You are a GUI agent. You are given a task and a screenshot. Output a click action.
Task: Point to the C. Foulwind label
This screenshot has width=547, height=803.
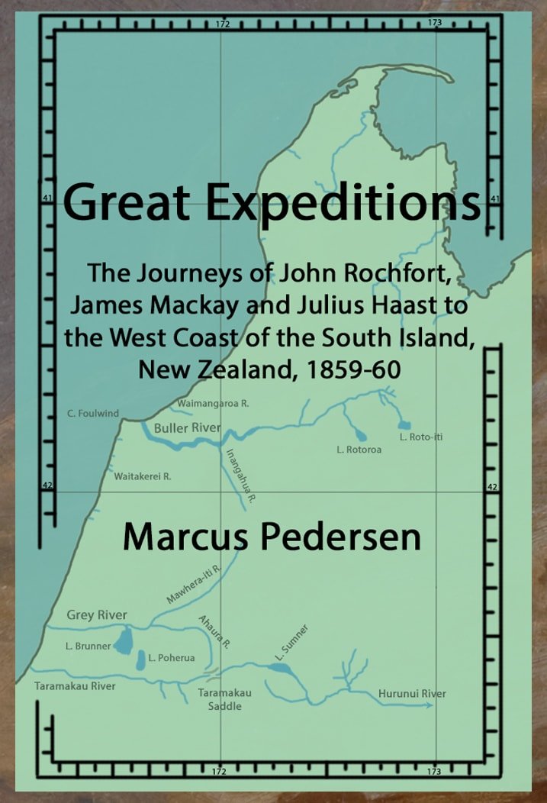[93, 414]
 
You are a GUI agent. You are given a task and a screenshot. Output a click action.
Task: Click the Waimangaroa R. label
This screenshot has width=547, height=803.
[212, 402]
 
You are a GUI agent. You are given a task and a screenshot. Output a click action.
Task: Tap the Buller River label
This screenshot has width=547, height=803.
[187, 427]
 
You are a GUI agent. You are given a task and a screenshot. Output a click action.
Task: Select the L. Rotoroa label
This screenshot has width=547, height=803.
[359, 450]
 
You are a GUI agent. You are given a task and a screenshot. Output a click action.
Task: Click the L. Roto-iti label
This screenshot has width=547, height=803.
[421, 437]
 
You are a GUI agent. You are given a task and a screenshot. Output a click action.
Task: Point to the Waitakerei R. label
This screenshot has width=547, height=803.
[143, 476]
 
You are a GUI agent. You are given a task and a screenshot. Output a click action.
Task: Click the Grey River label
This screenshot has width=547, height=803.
[97, 614]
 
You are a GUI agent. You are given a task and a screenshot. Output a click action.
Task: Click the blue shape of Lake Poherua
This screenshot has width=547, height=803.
[141, 659]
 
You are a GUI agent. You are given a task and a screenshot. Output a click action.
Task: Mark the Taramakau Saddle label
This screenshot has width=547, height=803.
[225, 699]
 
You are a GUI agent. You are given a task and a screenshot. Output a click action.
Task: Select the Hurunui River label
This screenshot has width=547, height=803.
[412, 693]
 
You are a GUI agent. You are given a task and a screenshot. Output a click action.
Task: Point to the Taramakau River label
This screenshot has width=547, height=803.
[75, 686]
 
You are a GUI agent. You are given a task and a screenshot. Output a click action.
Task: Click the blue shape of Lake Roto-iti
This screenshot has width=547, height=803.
[404, 424]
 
